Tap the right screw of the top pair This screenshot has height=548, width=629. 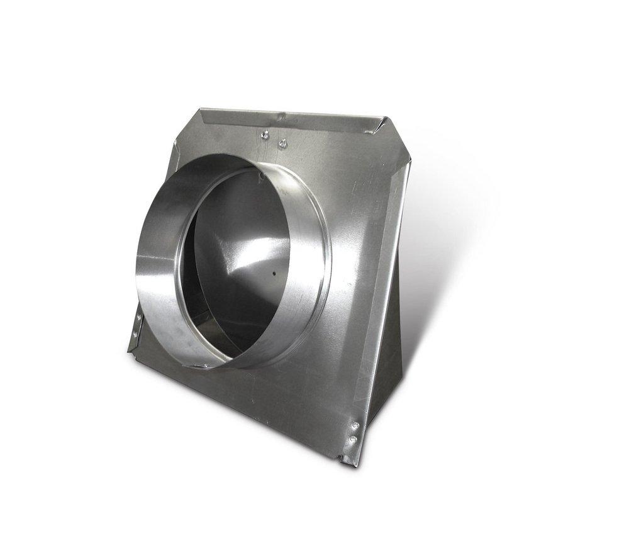click(282, 143)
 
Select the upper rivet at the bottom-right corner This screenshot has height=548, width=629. click(356, 427)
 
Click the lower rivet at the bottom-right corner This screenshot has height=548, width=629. click(353, 439)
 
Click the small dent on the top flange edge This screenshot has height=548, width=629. click(282, 116)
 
